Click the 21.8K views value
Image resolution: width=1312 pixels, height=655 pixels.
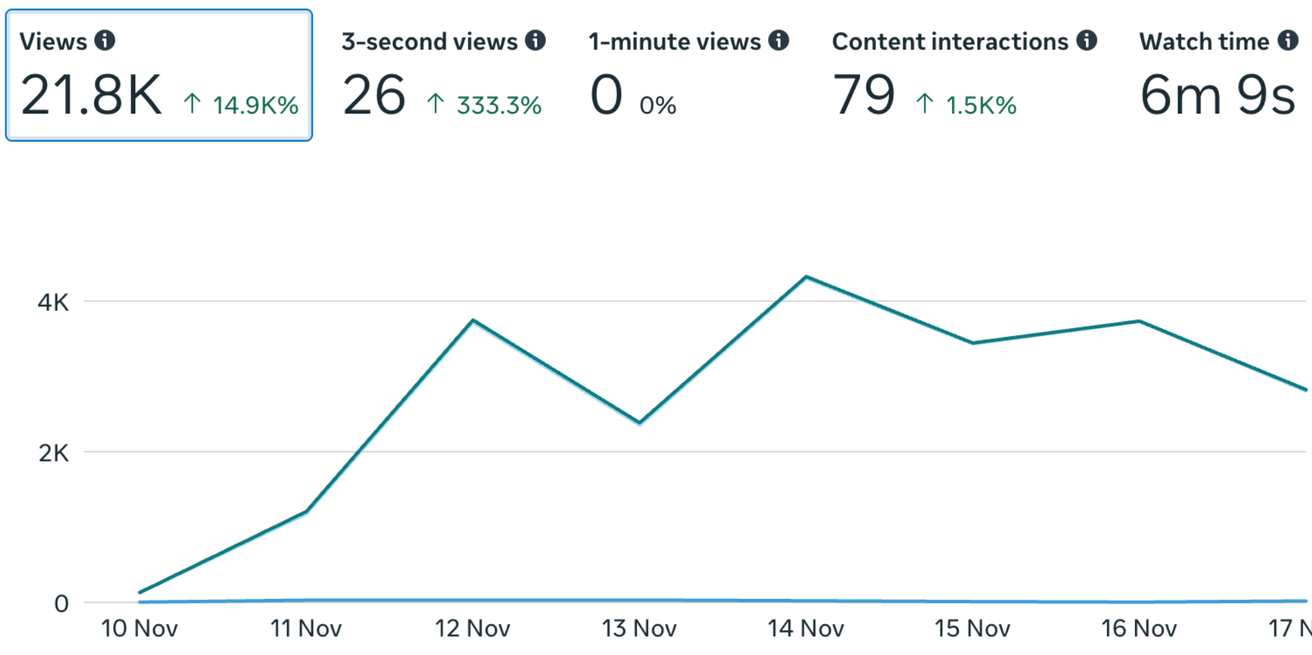pos(91,95)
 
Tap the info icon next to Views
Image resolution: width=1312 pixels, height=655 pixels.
pos(105,40)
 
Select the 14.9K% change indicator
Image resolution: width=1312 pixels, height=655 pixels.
pos(254,105)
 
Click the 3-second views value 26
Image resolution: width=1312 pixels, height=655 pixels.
pos(374,95)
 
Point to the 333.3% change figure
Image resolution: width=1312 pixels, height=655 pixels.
pos(499,105)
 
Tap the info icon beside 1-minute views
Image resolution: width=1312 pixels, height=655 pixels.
pos(778,40)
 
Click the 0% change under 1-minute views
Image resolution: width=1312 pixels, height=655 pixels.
pos(657,105)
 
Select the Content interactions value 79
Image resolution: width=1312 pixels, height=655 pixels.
pos(864,95)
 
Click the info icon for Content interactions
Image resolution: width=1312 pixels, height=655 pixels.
pos(1086,40)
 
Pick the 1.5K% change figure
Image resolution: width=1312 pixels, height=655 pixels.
pos(981,105)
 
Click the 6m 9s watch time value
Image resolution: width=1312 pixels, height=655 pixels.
pos(1218,95)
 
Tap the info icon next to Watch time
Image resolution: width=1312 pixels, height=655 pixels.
pos(1288,40)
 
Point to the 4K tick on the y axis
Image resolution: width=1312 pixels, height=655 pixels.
pos(53,302)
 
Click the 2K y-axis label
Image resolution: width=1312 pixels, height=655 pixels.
pos(53,453)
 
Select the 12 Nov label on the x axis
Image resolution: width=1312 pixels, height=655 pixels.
pos(472,628)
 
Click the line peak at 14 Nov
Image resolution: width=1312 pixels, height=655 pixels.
pos(806,277)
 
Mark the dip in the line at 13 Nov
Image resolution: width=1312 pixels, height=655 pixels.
pos(640,423)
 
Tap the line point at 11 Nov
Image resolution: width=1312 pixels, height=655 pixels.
pos(306,511)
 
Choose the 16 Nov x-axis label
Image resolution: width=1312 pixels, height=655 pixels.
pos(1138,628)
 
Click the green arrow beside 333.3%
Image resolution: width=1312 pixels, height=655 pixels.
pos(435,104)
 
